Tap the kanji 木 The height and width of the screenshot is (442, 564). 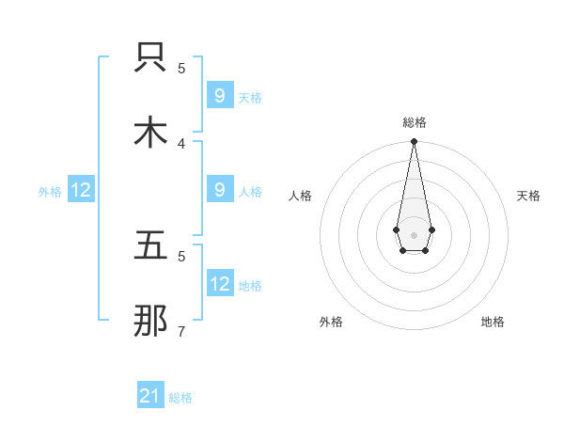coord(150,133)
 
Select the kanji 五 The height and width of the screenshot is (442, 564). coord(150,246)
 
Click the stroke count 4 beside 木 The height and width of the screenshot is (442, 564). coord(181,143)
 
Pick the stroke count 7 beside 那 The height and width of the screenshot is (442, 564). coord(181,331)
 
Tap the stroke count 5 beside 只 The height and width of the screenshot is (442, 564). coord(181,68)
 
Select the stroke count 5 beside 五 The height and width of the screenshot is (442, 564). coord(181,255)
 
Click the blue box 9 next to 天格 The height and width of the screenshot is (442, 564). coord(220,96)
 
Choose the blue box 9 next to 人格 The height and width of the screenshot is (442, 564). coord(220,190)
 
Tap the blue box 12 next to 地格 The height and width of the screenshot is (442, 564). coord(220,284)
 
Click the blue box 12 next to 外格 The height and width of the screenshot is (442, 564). coord(81,190)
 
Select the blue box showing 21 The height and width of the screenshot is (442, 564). coord(150,396)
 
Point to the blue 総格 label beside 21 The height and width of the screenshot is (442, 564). coord(180,398)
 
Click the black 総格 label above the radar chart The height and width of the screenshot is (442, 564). coord(414,122)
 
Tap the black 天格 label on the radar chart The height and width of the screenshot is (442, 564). coord(528,196)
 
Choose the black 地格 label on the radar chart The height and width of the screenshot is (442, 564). coord(493,322)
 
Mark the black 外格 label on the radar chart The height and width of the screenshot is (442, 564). coord(331,322)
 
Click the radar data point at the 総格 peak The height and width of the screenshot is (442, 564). coord(414,142)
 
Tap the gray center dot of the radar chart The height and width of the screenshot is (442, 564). coord(414,233)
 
